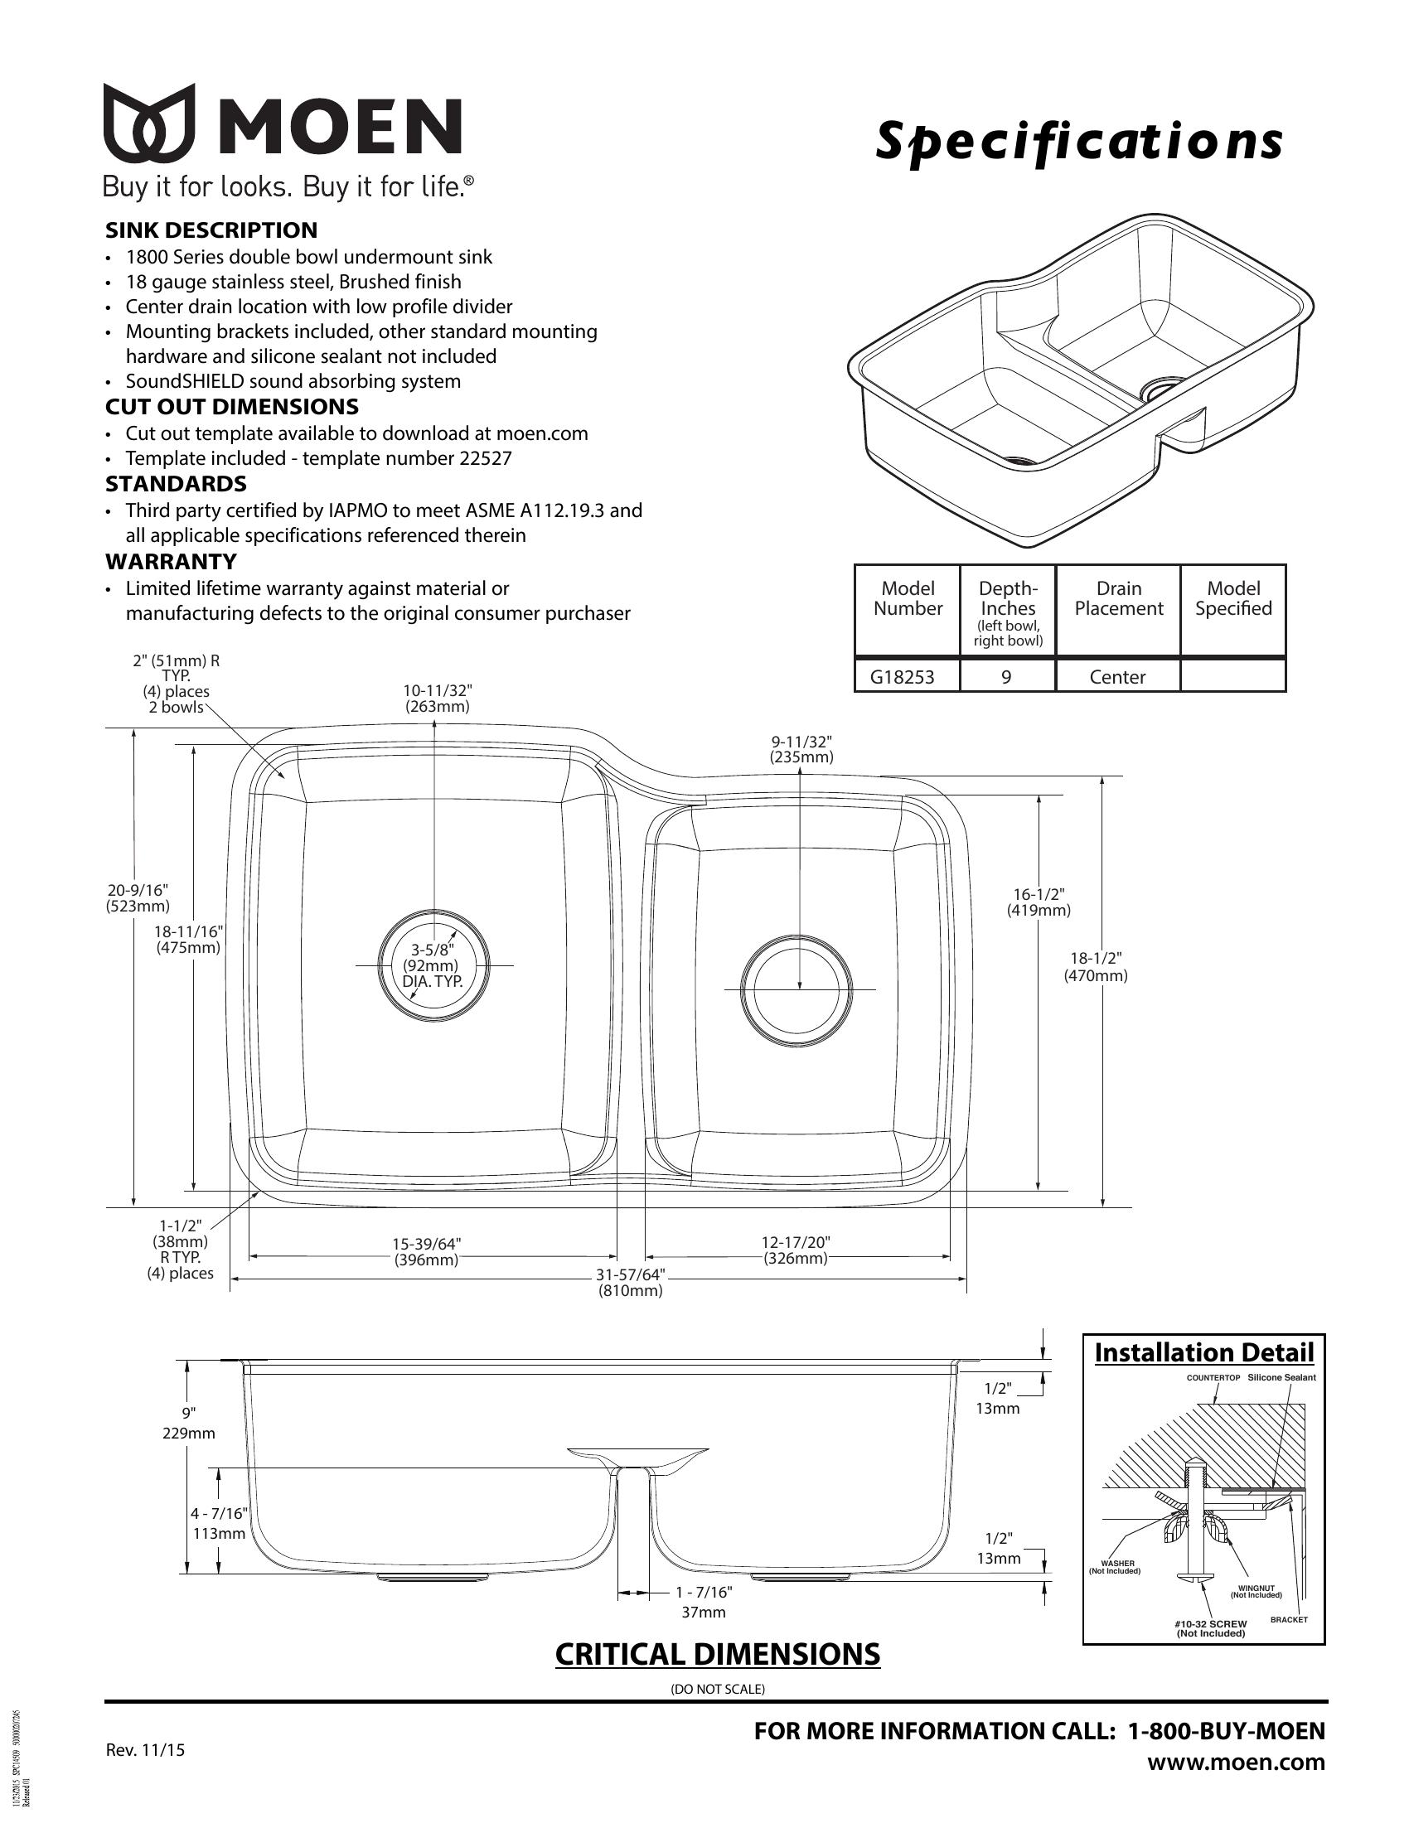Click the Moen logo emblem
tap(148, 123)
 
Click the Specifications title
tap(1077, 141)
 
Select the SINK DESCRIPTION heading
tap(211, 230)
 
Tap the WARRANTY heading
tap(170, 561)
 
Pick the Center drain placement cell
tap(1117, 677)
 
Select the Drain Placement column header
tap(1118, 598)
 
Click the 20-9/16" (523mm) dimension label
tap(138, 897)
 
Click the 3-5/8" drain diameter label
tap(433, 965)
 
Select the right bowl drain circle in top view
tap(797, 989)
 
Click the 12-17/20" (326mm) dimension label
tap(796, 1250)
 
